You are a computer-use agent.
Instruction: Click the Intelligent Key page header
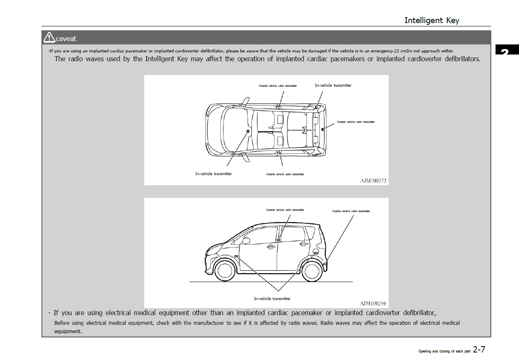431,20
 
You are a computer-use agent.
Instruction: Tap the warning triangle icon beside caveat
49,38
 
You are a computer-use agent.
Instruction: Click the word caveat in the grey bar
66,39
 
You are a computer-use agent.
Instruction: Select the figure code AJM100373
373,181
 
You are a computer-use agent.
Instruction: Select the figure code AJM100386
373,303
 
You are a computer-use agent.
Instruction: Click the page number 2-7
479,349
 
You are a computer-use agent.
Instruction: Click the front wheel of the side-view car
225,270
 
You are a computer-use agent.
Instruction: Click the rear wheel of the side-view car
312,270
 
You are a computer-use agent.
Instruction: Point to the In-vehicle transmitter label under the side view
272,299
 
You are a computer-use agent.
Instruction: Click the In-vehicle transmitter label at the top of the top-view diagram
333,85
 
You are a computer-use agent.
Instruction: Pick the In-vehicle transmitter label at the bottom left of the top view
213,174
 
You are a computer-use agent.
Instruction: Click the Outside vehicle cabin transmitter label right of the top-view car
356,122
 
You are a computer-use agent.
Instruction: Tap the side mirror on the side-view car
246,241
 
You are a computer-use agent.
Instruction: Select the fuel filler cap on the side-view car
315,252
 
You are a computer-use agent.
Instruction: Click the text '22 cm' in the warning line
400,51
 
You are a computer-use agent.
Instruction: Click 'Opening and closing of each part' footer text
444,351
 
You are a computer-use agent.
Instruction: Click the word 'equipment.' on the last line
68,331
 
